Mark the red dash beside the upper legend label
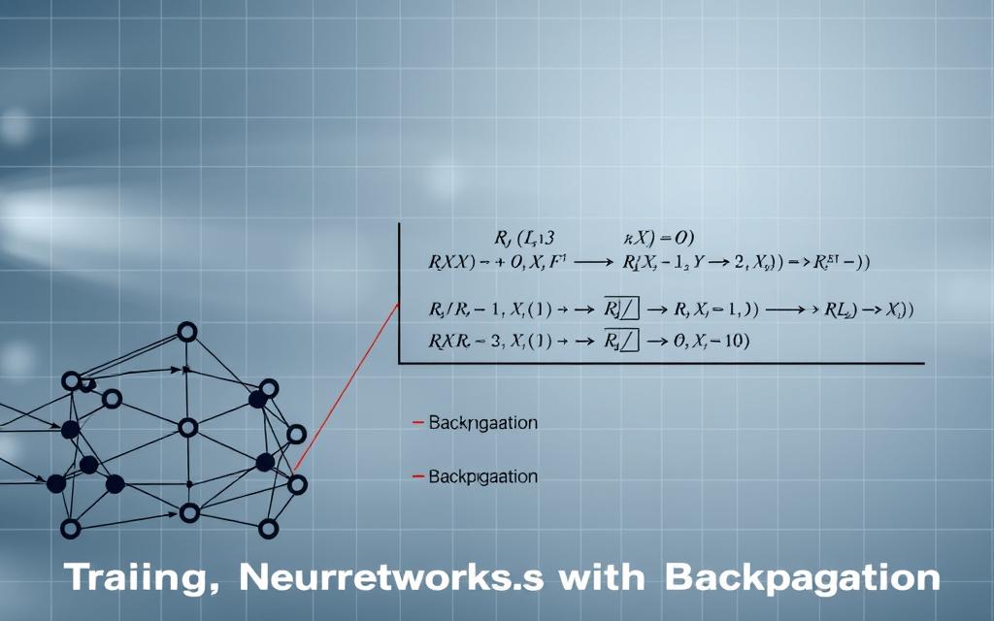418,423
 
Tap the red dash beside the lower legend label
418,476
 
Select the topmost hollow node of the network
188,333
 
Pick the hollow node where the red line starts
298,483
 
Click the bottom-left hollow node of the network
70,529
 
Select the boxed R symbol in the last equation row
621,341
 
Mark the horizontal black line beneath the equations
660,363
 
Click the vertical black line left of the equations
399,291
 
